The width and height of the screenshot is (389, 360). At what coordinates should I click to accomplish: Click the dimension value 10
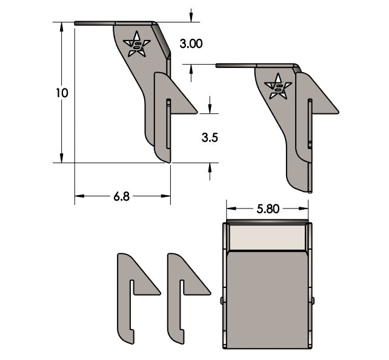(x=61, y=93)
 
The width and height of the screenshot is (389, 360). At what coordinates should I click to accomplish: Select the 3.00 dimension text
(x=191, y=44)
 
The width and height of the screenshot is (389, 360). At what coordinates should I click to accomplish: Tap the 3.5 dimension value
(x=210, y=138)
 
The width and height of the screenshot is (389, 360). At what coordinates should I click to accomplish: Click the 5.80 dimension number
(x=268, y=209)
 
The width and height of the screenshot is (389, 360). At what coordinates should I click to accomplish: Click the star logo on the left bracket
(x=137, y=44)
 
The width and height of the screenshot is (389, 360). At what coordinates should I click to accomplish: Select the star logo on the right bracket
(x=279, y=87)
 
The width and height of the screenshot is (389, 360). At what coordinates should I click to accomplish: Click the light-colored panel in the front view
(x=267, y=238)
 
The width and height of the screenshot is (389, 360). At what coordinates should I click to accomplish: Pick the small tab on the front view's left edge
(x=222, y=300)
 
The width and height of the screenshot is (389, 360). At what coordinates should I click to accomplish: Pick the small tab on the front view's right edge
(x=313, y=300)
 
